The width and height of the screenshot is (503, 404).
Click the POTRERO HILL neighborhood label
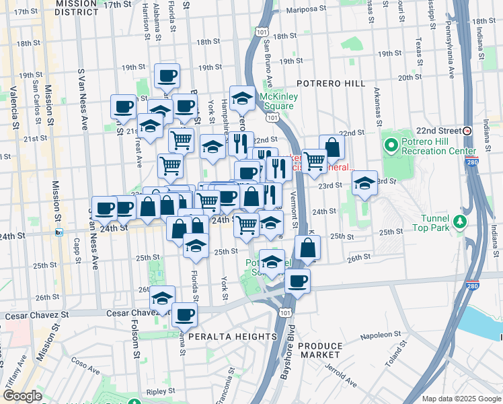[x=332, y=83]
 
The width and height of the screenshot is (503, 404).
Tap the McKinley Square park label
[x=278, y=101]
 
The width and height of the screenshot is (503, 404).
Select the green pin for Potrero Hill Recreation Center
[x=391, y=144]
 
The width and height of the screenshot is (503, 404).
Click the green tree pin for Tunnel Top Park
[x=459, y=221]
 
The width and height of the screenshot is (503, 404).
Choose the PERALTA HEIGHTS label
[x=233, y=336]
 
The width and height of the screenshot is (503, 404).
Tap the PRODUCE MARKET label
[x=320, y=350]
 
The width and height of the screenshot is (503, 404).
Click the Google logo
[x=22, y=396]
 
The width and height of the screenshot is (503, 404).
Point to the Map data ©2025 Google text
[x=461, y=399]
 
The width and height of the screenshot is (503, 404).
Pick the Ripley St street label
[x=160, y=391]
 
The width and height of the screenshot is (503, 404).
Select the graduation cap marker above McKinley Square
[x=242, y=99]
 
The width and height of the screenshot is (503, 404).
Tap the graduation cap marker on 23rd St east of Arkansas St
[x=364, y=182]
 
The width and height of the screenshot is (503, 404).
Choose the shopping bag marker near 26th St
[x=307, y=247]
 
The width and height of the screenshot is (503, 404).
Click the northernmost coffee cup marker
[x=167, y=75]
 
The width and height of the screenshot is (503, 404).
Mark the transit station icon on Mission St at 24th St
[x=59, y=233]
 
